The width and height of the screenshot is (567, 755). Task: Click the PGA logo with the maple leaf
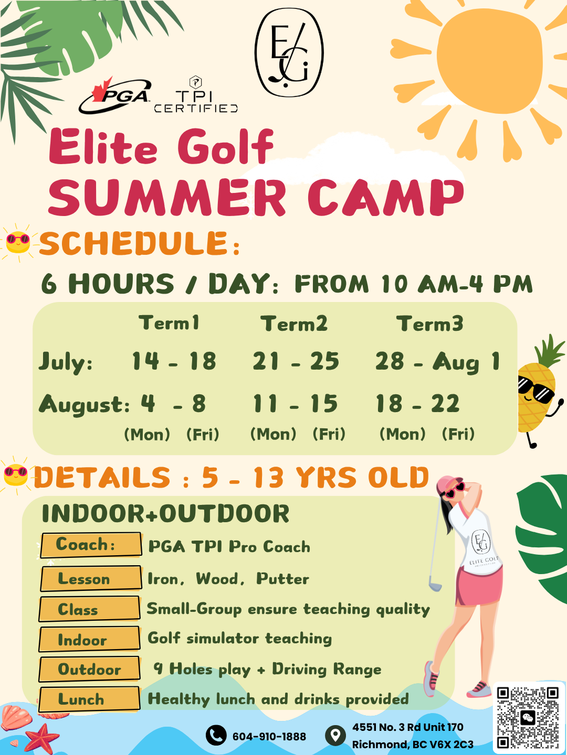pos(114,95)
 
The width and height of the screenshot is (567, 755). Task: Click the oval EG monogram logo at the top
pos(289,52)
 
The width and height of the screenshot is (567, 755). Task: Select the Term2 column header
pos(294,323)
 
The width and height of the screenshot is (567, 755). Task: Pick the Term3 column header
pos(429,323)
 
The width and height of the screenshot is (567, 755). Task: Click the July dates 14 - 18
pos(174,361)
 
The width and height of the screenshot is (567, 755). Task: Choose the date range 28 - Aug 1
pos(437,362)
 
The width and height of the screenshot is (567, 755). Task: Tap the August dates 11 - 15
pos(296,404)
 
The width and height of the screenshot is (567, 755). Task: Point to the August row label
pos(84,405)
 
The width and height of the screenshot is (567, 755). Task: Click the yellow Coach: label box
pos(91,545)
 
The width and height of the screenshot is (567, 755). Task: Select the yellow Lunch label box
pos(89,699)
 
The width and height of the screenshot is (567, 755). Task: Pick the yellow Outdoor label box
pos(89,669)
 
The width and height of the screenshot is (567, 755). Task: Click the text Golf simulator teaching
pos(239,639)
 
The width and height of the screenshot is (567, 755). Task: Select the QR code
pos(529,717)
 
